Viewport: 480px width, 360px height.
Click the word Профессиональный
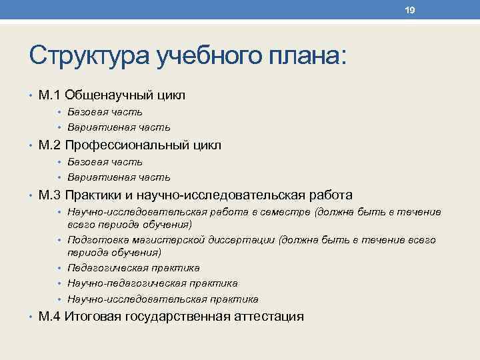[125, 145]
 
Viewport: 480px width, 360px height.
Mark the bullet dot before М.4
[32, 317]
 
